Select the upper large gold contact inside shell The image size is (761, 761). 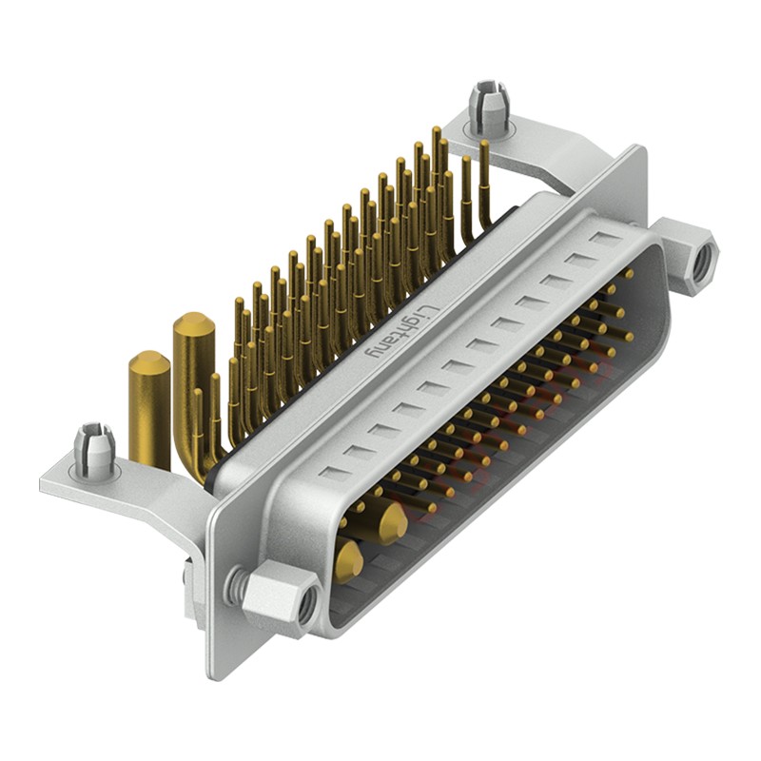[390, 520]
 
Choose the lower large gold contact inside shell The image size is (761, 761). [347, 563]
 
